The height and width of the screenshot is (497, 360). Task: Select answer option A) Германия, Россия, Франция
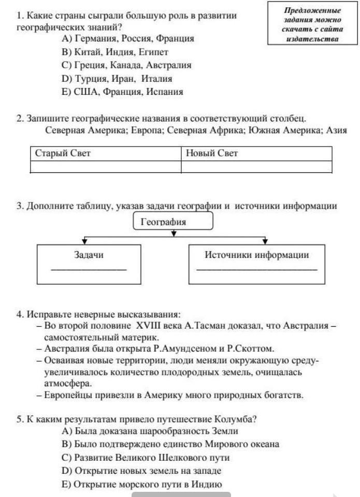pyautogui.click(x=127, y=39)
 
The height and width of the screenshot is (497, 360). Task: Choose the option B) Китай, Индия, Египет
pyautogui.click(x=114, y=52)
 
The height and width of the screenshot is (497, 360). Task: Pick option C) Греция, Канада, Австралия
pyautogui.click(x=126, y=66)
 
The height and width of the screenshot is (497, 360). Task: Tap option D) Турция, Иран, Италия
pyautogui.click(x=116, y=79)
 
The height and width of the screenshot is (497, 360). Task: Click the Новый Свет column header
pyautogui.click(x=256, y=154)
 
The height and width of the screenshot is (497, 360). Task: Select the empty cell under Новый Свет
pyautogui.click(x=256, y=167)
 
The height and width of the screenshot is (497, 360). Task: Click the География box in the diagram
pyautogui.click(x=174, y=222)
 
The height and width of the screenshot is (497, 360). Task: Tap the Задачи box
pyautogui.click(x=88, y=263)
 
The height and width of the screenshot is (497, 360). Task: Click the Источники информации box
pyautogui.click(x=256, y=263)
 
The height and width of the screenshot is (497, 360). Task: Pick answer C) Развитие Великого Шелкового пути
pyautogui.click(x=145, y=458)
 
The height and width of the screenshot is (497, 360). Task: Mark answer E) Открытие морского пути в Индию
pyautogui.click(x=141, y=485)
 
